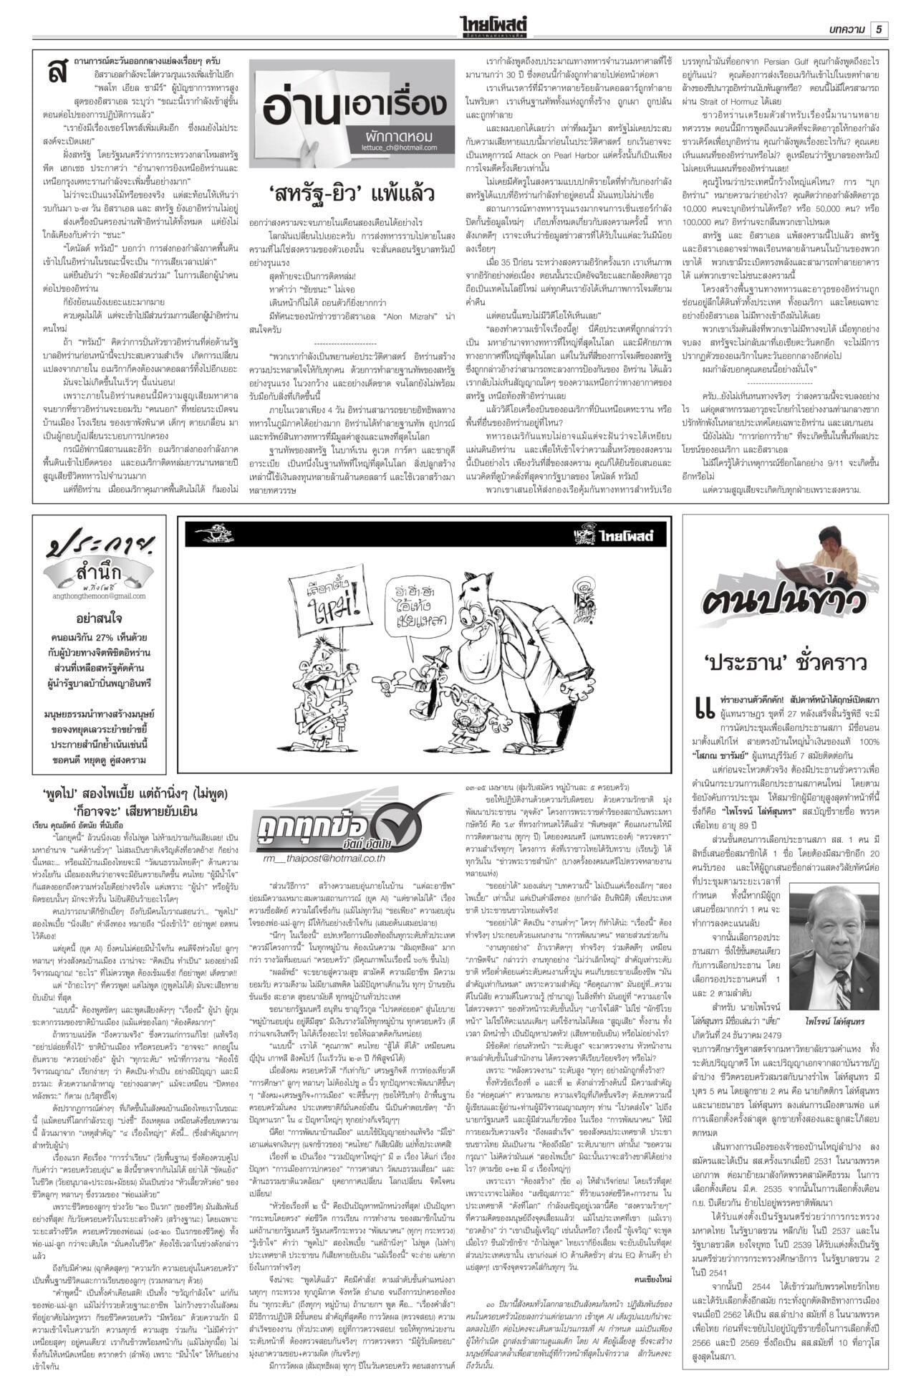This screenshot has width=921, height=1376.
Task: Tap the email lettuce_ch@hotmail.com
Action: [400, 147]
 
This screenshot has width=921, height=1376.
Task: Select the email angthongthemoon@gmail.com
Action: [99, 596]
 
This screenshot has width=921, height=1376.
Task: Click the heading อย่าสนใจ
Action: [99, 618]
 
